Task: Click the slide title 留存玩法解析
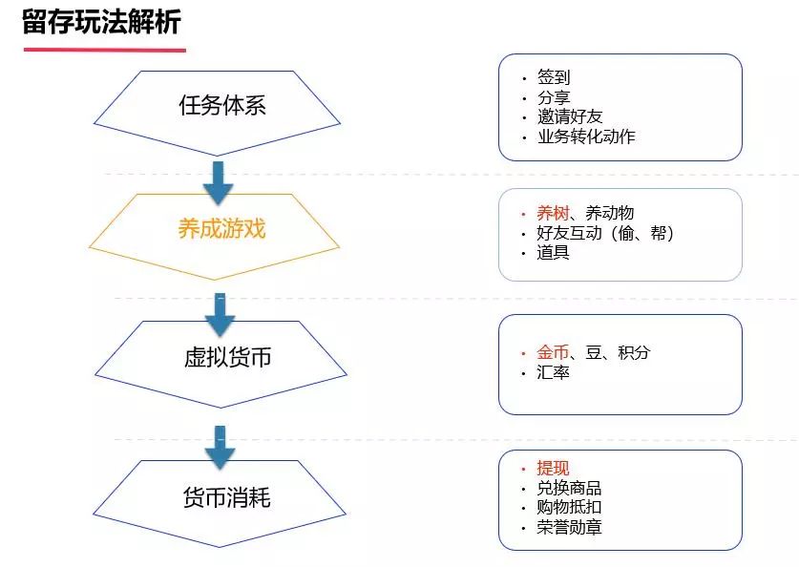coord(101,22)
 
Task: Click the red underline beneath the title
coord(104,50)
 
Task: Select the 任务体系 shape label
coord(222,105)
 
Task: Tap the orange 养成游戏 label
coord(221,229)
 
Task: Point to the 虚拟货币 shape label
coord(227,357)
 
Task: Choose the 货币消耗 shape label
coord(227,497)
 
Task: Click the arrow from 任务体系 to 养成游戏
coord(218,183)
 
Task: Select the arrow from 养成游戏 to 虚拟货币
coord(220,315)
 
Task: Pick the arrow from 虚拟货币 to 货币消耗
coord(220,448)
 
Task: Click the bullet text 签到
coord(554,77)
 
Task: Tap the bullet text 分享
coord(554,97)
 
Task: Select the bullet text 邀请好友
coord(570,116)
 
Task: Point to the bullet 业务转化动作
coord(586,136)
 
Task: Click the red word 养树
coord(553,213)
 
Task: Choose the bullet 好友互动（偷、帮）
coord(605,233)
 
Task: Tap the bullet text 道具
coord(553,253)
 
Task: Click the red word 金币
coord(553,352)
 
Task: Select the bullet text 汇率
coord(553,372)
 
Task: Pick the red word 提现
coord(553,468)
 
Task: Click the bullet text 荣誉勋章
coord(569,527)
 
